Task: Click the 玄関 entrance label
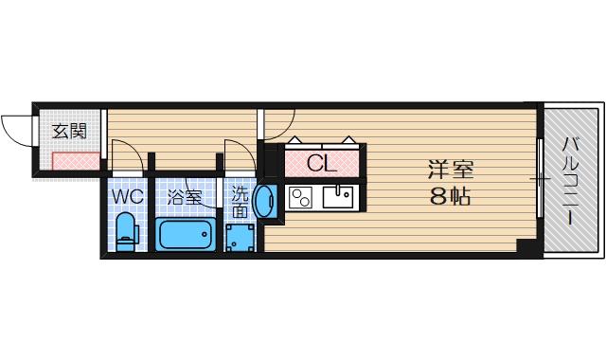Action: (x=69, y=132)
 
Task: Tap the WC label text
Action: (x=128, y=198)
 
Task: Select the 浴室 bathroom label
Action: (x=185, y=198)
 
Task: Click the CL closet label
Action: (x=322, y=162)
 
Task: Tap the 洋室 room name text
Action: (x=449, y=171)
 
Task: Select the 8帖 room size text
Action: (x=449, y=198)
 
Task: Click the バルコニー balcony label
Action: (x=571, y=181)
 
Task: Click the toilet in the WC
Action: (x=126, y=231)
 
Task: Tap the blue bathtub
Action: (x=187, y=234)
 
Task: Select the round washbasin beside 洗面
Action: (x=266, y=202)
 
